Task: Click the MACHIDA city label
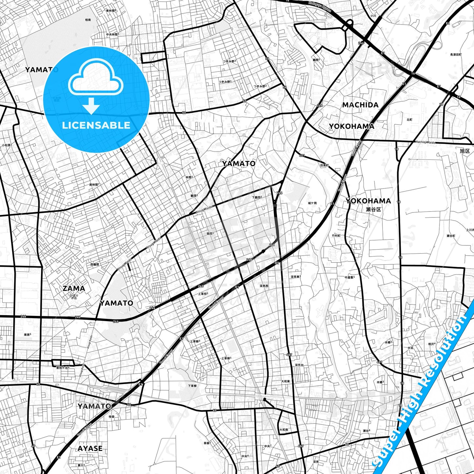coord(360,105)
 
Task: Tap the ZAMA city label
coord(74,288)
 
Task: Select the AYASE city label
coord(90,448)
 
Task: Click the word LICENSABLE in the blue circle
coord(96,125)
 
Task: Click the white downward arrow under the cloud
coord(91,106)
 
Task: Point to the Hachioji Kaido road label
coord(425,142)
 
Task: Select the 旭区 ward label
coord(465,151)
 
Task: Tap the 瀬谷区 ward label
coord(373,209)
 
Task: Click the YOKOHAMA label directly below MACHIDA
coord(351,126)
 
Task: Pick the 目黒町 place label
coord(324,165)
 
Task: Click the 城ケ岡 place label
coord(312,203)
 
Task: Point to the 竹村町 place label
coord(336,236)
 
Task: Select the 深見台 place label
coord(299,365)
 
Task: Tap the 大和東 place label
coord(286,381)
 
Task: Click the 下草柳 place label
coord(192,386)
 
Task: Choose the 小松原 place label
coord(6,145)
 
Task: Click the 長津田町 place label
coord(456,54)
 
